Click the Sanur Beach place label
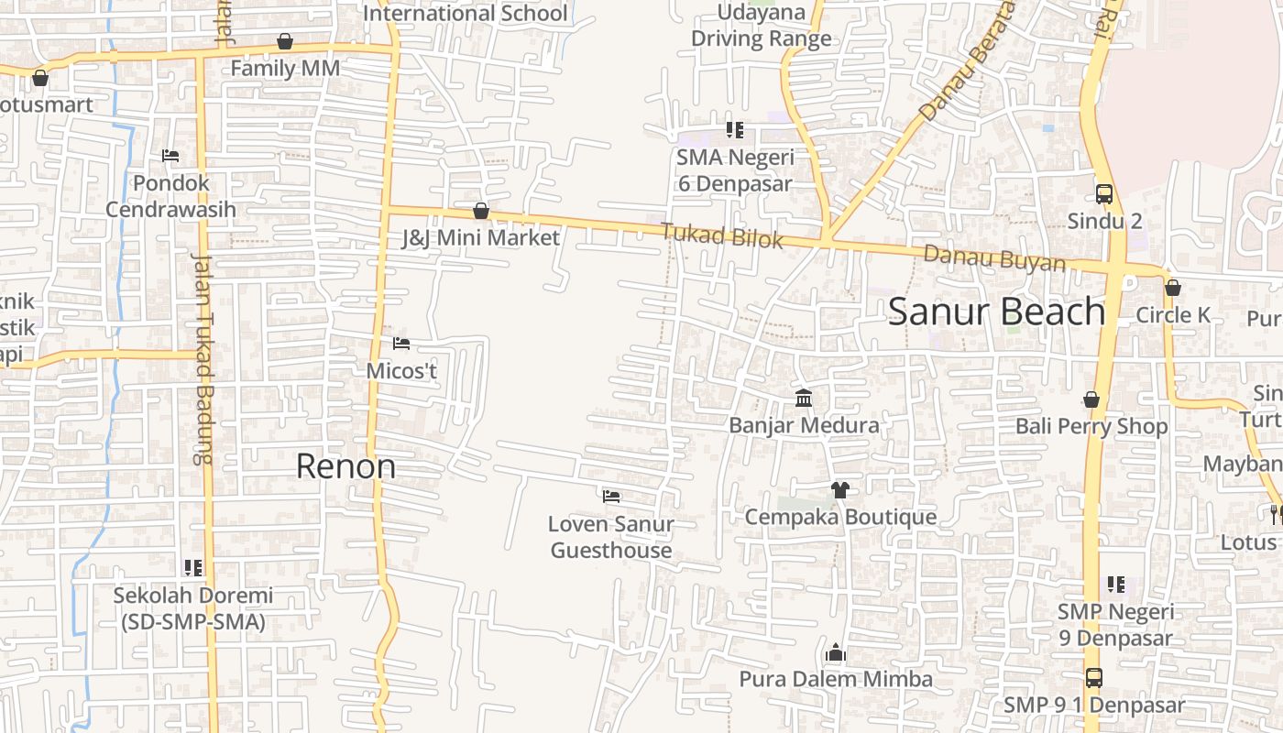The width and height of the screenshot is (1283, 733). (996, 312)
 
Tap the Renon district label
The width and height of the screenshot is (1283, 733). (345, 466)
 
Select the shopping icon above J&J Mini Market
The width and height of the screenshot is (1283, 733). (481, 212)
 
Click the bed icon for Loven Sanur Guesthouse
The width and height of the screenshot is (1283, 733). (611, 497)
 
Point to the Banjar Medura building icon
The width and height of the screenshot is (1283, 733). (805, 398)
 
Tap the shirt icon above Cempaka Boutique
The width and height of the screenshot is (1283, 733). (839, 489)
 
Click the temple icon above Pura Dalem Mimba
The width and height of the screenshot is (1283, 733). (835, 652)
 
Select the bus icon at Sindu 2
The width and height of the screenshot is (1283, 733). (1104, 194)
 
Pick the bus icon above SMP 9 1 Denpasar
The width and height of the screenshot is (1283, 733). (1094, 678)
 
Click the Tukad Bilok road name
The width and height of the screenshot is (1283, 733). (724, 235)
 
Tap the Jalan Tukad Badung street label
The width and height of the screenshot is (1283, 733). (202, 357)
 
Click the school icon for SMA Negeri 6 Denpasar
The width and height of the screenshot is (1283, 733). (734, 130)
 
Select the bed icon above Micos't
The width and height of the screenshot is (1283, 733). (401, 344)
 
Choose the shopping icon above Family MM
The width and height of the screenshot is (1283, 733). (285, 41)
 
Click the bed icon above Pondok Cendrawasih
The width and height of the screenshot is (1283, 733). (170, 156)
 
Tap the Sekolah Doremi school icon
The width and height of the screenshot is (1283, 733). (193, 568)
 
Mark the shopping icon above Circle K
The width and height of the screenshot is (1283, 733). (1173, 288)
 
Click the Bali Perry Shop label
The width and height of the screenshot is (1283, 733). (1091, 426)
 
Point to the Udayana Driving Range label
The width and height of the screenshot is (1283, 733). (762, 26)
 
